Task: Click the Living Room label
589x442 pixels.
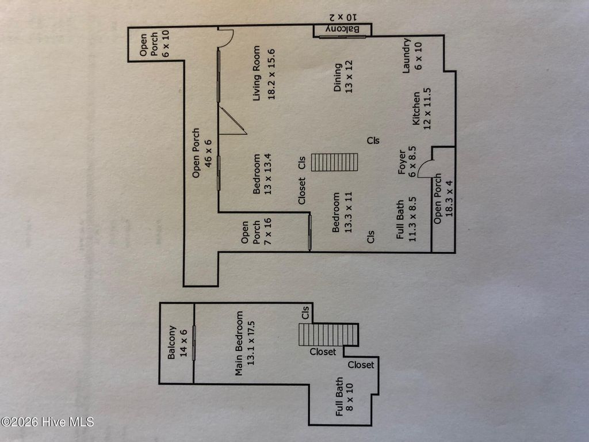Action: point(257,73)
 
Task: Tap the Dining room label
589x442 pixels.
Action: point(338,77)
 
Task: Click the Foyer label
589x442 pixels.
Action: point(402,162)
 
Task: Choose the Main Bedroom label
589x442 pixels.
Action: point(239,344)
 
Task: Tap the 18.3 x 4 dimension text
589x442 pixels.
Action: point(449,199)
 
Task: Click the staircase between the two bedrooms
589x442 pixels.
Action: point(335,162)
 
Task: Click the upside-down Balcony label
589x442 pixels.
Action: point(343,29)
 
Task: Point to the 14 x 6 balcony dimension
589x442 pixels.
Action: point(183,344)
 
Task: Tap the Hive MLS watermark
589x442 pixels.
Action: point(47,422)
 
